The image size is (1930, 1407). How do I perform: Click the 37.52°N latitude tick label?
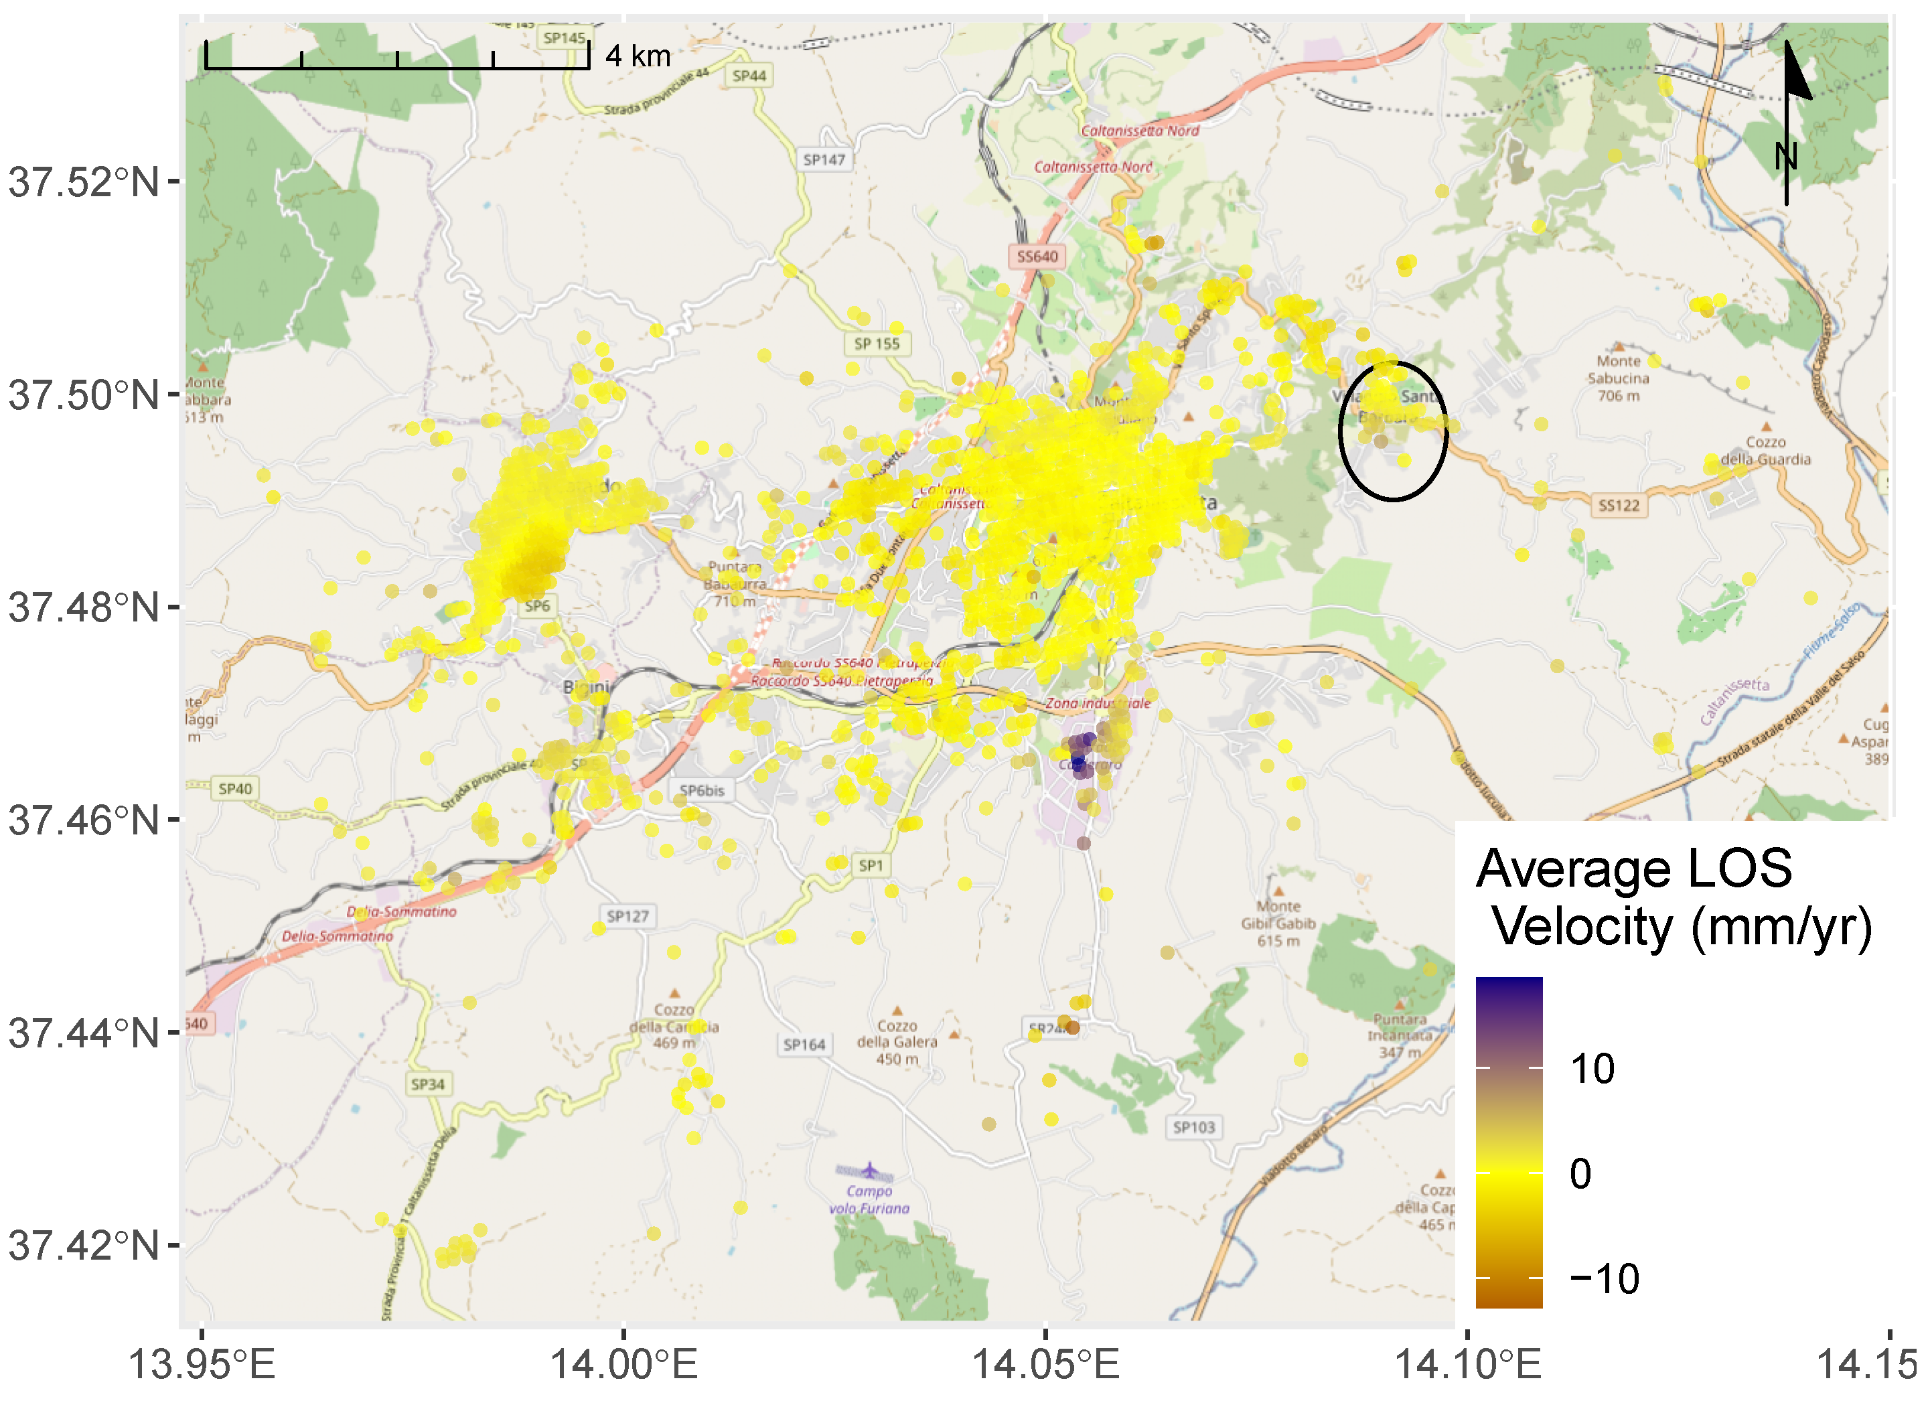point(84,182)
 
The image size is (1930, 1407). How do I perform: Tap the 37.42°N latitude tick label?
point(84,1246)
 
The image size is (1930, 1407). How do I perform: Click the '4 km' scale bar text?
point(638,56)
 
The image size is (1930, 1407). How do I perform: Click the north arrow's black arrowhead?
point(1795,72)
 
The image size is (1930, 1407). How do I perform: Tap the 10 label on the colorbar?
point(1591,1069)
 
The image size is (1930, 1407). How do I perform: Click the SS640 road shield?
point(1037,256)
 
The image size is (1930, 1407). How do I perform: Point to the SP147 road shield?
point(824,159)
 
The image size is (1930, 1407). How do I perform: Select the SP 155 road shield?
point(877,344)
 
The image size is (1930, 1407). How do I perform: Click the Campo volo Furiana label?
point(869,1200)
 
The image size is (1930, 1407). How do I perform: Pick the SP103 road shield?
point(1193,1127)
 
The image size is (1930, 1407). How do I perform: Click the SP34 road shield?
point(427,1084)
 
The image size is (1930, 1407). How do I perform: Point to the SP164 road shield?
point(804,1044)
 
